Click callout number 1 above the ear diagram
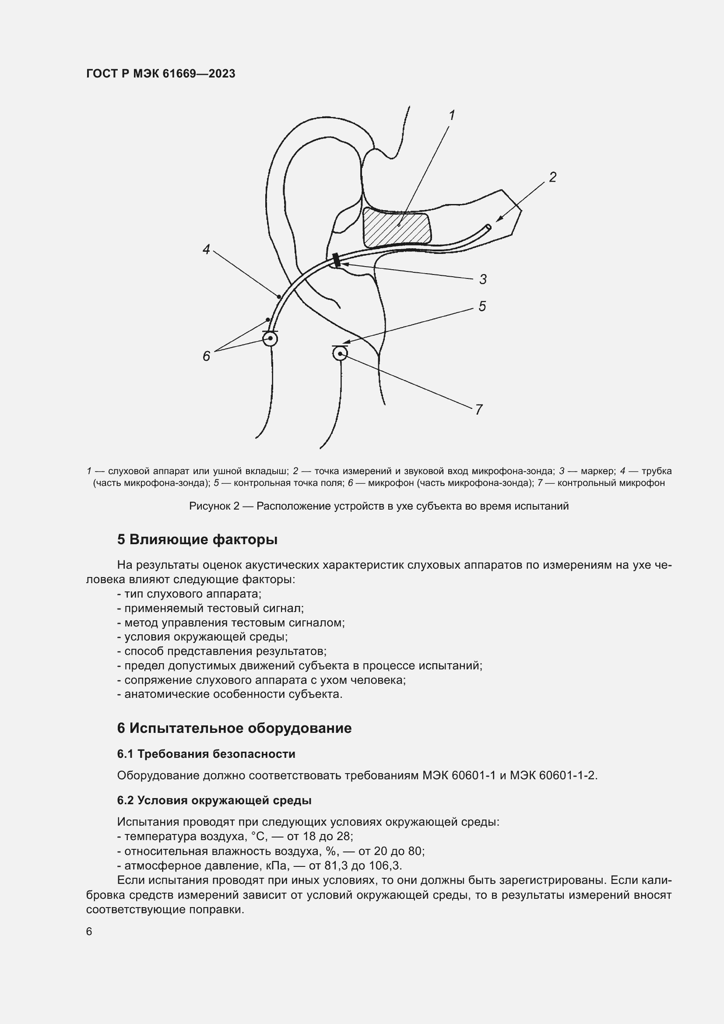[452, 116]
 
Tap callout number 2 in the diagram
[552, 177]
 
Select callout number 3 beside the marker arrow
[483, 280]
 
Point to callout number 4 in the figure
[206, 249]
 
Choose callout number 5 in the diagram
[482, 306]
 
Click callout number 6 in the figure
[207, 356]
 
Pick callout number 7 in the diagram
[479, 409]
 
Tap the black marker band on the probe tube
[337, 260]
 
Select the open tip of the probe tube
[488, 227]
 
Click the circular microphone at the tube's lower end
[270, 339]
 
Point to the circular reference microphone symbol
[340, 354]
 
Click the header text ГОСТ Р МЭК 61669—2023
[161, 74]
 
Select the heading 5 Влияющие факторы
[197, 540]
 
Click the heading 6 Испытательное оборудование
[234, 728]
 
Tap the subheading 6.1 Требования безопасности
[206, 754]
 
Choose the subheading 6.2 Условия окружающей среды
[214, 801]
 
